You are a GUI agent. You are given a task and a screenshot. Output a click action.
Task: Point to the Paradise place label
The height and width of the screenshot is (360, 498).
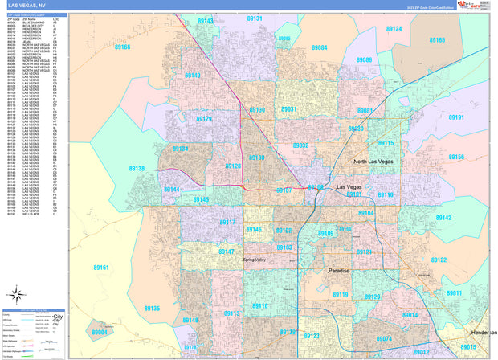coord(340,271)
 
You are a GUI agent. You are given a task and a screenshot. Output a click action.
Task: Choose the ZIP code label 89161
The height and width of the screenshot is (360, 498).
coord(100,267)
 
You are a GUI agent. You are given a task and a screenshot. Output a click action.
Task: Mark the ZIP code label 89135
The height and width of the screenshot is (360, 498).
coord(153,309)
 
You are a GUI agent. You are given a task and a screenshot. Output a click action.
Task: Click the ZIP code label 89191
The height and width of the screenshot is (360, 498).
coord(456,117)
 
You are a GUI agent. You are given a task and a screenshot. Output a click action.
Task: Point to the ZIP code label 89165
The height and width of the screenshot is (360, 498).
coord(437,40)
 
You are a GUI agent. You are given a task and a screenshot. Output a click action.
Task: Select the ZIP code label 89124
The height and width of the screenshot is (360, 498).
coord(394,29)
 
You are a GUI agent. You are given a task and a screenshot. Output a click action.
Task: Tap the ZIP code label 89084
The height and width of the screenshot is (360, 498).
coord(319,48)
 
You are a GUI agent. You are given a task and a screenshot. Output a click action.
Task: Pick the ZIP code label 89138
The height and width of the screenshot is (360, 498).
coord(137,169)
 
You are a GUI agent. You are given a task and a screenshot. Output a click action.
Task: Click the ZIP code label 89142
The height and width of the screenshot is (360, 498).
coord(443,218)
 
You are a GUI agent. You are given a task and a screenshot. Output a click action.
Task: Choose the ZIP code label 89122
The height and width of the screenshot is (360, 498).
coord(439,260)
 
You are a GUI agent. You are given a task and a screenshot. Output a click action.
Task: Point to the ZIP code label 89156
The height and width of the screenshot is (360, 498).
coord(456,157)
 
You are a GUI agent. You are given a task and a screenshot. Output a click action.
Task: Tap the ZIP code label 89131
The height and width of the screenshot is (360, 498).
coord(254,18)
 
